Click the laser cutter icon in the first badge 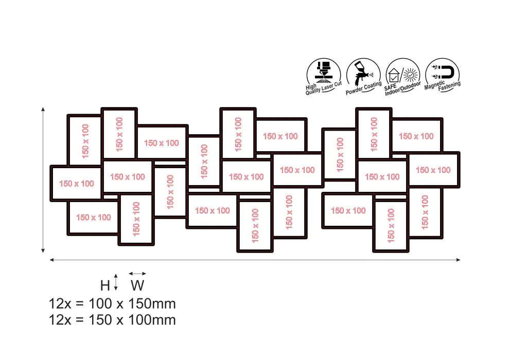(323, 72)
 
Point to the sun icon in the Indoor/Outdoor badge (411, 75)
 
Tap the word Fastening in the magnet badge (449, 86)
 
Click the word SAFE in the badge (390, 87)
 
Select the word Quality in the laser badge (313, 91)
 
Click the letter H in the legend (105, 285)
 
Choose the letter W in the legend (137, 285)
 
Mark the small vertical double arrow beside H (116, 282)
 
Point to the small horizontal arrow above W (137, 274)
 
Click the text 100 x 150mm (132, 304)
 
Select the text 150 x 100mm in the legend (132, 320)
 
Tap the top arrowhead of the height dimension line (43, 109)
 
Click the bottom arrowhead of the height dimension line (43, 250)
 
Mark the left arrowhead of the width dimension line (51, 260)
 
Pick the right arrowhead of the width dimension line (459, 260)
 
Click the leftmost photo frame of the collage (51, 184)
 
